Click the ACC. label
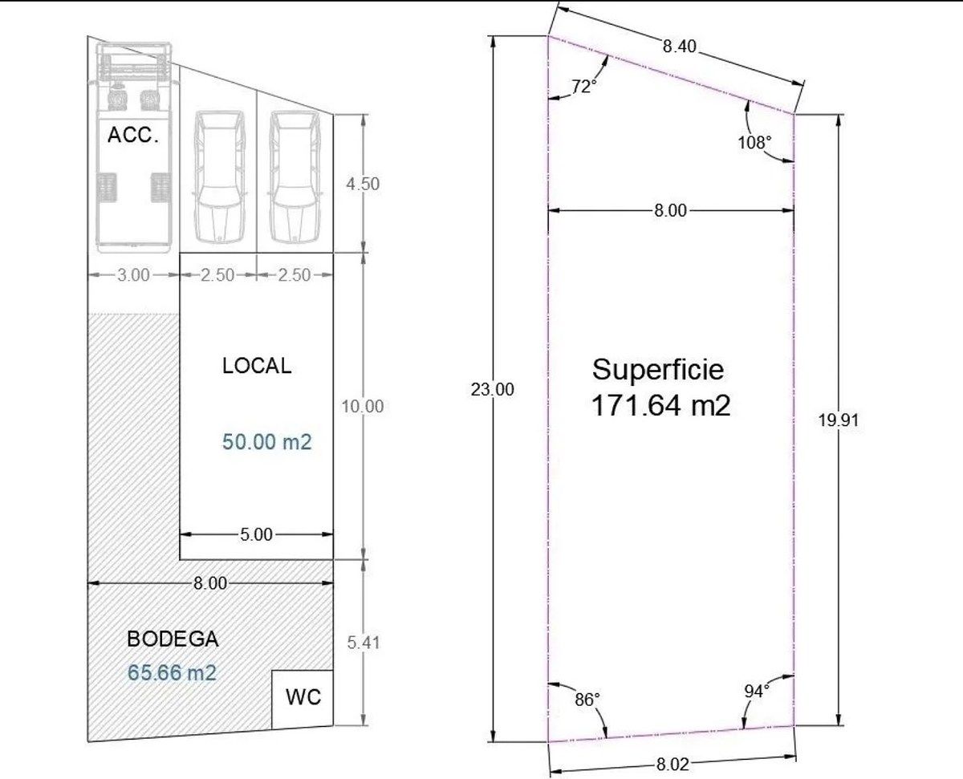point(133,135)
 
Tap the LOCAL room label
point(257,366)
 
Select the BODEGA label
point(173,639)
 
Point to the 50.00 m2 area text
point(266,441)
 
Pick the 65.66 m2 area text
point(172,672)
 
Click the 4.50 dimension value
point(363,184)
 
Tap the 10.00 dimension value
point(362,406)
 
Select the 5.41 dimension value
point(364,642)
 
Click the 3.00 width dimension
point(133,274)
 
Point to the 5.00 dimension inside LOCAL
point(256,534)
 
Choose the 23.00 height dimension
point(493,389)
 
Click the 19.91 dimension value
point(839,420)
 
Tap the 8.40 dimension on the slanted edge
point(680,46)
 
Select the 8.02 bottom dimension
point(672,764)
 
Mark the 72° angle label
point(584,86)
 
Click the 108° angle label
point(754,142)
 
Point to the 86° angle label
point(587,700)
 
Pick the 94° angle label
point(757,692)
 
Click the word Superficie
point(658,370)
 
